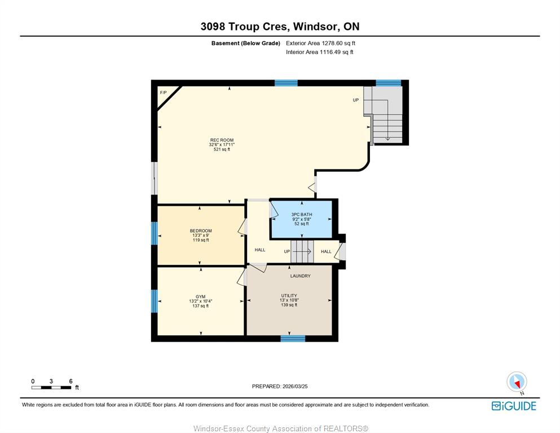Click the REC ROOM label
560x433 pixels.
click(222, 140)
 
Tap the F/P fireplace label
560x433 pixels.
click(163, 93)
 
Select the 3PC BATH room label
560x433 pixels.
click(302, 215)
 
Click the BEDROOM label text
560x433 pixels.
click(201, 231)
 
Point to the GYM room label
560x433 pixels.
click(201, 296)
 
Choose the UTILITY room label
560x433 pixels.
click(289, 296)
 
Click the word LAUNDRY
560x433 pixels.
click(301, 276)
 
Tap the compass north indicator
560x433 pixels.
click(517, 382)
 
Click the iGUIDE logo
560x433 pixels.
click(514, 406)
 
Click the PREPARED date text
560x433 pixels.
click(280, 386)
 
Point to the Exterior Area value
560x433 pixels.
click(321, 43)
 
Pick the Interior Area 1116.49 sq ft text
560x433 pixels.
click(320, 52)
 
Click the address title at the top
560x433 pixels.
click(280, 27)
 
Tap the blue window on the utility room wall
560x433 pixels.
click(293, 338)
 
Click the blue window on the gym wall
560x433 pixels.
click(155, 301)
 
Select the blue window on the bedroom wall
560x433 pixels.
click(155, 234)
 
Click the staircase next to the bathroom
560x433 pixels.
click(302, 252)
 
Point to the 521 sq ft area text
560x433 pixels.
click(222, 150)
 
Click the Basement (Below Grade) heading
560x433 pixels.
click(246, 43)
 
